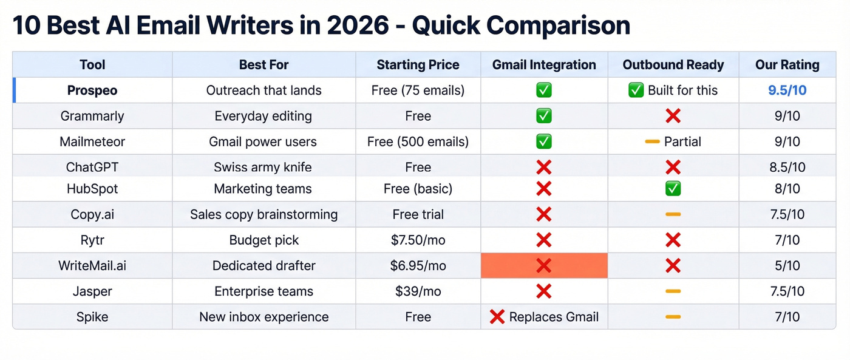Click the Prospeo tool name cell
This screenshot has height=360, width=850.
tap(92, 90)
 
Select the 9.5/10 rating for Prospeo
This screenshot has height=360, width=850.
tap(787, 90)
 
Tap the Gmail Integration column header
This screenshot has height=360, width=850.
tap(544, 65)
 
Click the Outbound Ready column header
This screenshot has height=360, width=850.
tap(673, 65)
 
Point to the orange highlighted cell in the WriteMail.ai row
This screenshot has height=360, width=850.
tap(544, 266)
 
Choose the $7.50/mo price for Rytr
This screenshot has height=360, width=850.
tap(418, 240)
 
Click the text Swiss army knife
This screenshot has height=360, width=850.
tap(263, 168)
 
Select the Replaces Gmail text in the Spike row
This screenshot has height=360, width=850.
tap(554, 317)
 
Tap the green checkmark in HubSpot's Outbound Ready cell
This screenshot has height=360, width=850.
tap(673, 189)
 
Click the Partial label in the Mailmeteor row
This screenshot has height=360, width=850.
tap(682, 142)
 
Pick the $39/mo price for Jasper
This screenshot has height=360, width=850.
tap(418, 291)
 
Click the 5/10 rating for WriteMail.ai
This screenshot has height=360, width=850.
tap(787, 266)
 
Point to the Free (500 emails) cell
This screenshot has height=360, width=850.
tap(418, 142)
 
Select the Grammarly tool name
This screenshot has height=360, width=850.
tap(92, 116)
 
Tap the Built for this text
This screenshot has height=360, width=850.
tap(682, 90)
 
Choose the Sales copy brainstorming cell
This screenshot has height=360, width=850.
tap(263, 214)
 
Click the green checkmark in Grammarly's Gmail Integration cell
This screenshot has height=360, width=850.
tap(544, 116)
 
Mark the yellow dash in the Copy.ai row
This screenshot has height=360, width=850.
tap(673, 214)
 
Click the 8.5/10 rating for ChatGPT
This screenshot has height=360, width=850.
tap(787, 168)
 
